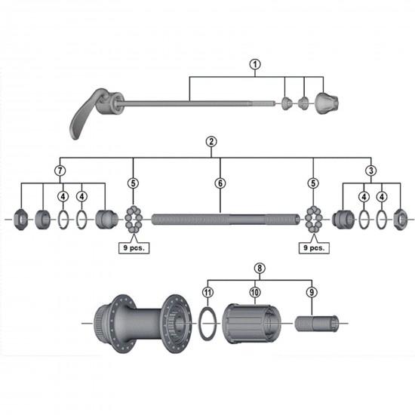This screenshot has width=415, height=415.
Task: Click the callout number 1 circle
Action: click(255, 64)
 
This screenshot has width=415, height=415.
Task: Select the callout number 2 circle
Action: click(211, 141)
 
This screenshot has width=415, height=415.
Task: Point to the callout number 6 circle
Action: click(220, 183)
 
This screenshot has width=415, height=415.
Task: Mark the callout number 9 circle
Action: click(311, 291)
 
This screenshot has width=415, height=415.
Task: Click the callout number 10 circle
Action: click(255, 291)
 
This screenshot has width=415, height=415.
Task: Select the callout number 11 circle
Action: click(207, 291)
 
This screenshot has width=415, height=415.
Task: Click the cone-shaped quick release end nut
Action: click(329, 101)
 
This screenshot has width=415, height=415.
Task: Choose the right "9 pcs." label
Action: click(314, 247)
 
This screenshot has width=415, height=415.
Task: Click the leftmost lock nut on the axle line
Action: click(23, 220)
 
